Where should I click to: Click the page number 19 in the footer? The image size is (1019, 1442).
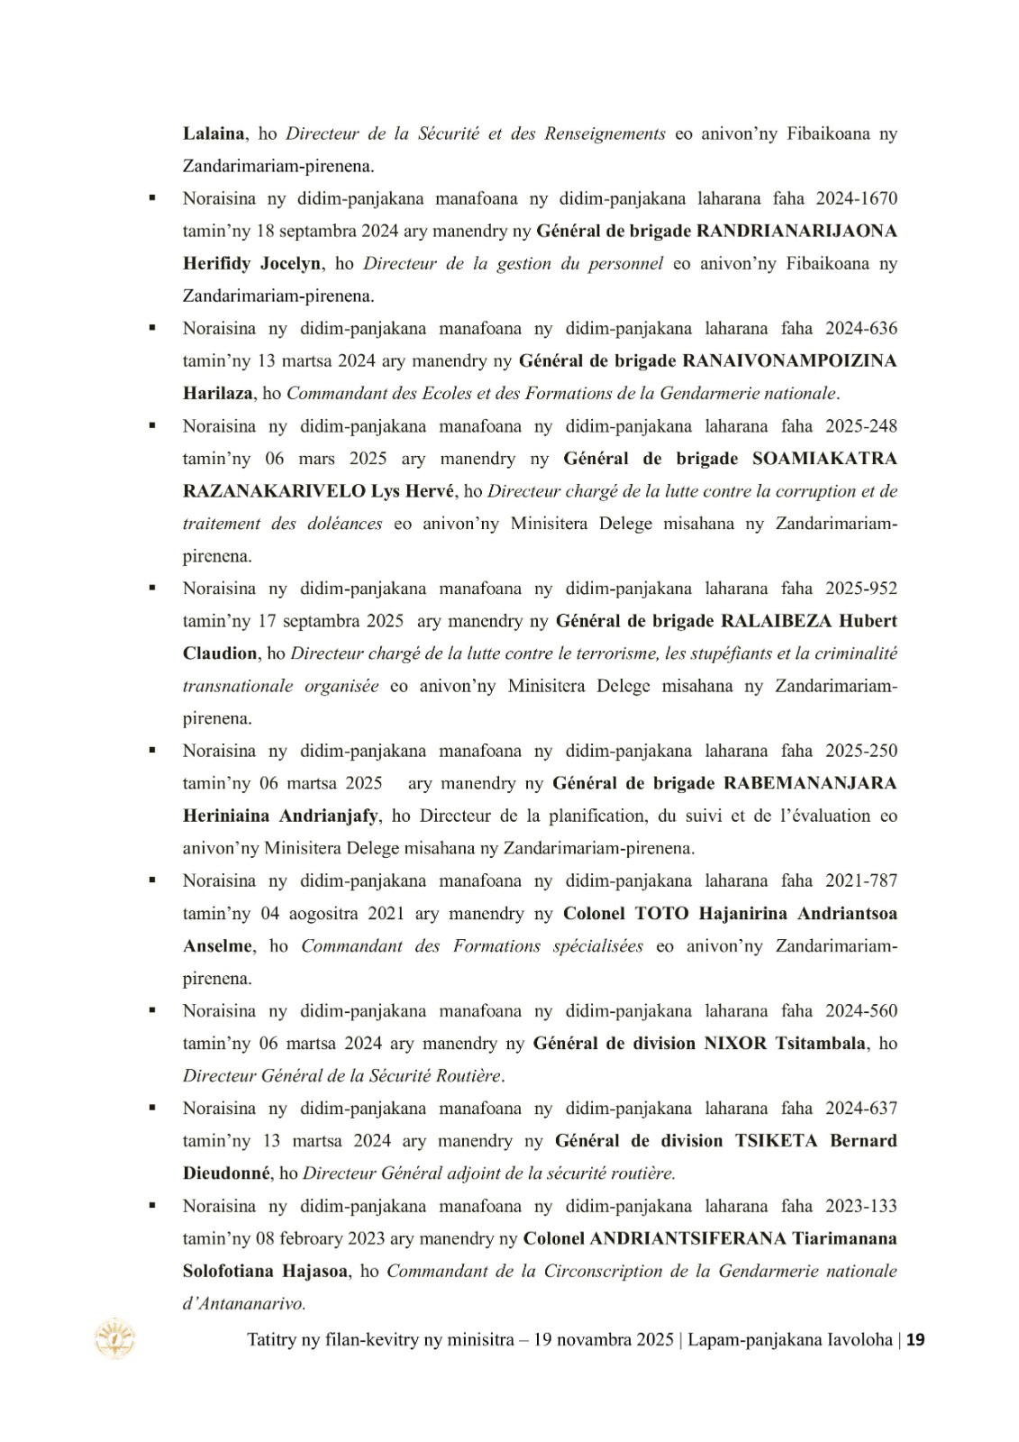pyautogui.click(x=916, y=1340)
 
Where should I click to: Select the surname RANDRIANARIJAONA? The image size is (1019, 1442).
pyautogui.click(x=797, y=231)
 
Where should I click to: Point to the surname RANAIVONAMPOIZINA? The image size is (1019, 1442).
pyautogui.click(x=790, y=360)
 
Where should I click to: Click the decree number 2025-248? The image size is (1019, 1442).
pyautogui.click(x=860, y=425)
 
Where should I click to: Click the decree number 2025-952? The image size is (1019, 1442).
pyautogui.click(x=860, y=589)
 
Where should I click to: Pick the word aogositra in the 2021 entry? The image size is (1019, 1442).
pyautogui.click(x=322, y=913)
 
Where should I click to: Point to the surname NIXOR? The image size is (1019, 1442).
pyautogui.click(x=735, y=1043)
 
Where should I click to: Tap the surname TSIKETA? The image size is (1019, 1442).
pyautogui.click(x=777, y=1140)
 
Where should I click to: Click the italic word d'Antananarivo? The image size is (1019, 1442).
pyautogui.click(x=244, y=1303)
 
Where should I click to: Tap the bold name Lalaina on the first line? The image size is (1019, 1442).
pyautogui.click(x=214, y=133)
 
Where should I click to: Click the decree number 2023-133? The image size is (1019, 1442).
pyautogui.click(x=860, y=1206)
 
